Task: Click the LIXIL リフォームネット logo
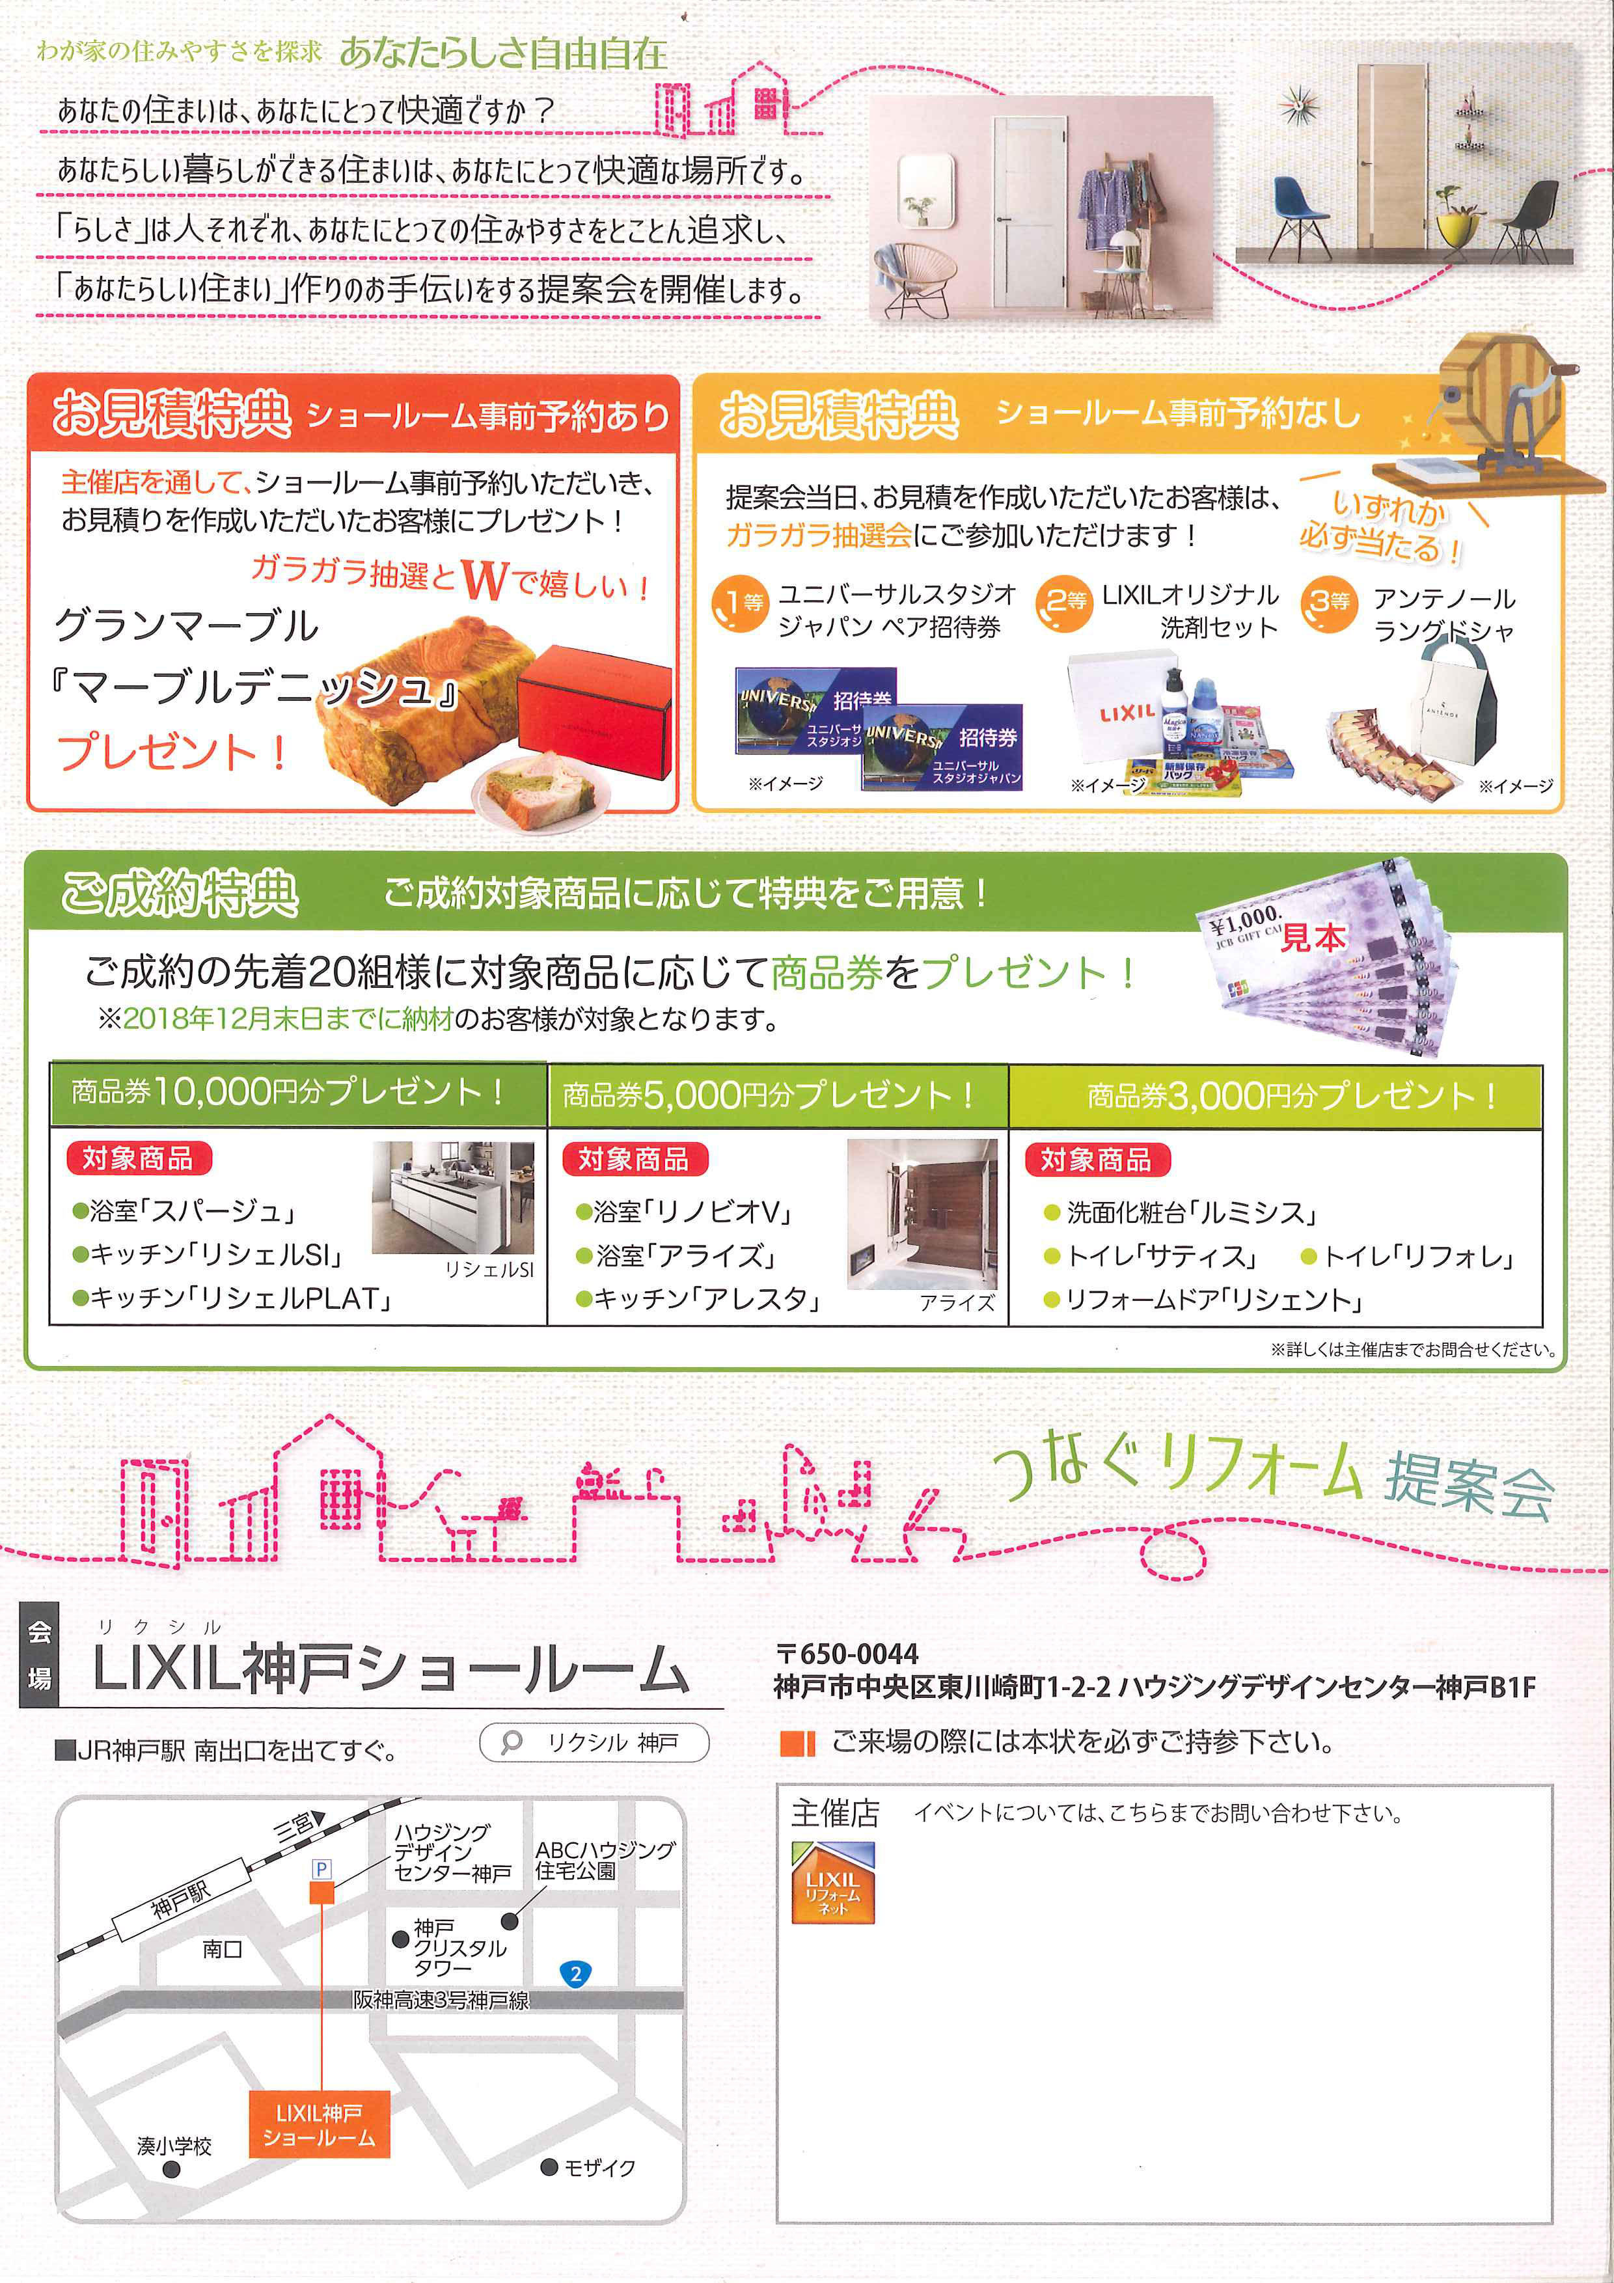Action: [832, 1881]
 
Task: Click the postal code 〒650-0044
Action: [847, 1654]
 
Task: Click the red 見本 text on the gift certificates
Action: [1313, 938]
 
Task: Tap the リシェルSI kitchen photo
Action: [452, 1197]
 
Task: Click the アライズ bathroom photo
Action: [921, 1213]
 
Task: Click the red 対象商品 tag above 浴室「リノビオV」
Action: [633, 1158]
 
